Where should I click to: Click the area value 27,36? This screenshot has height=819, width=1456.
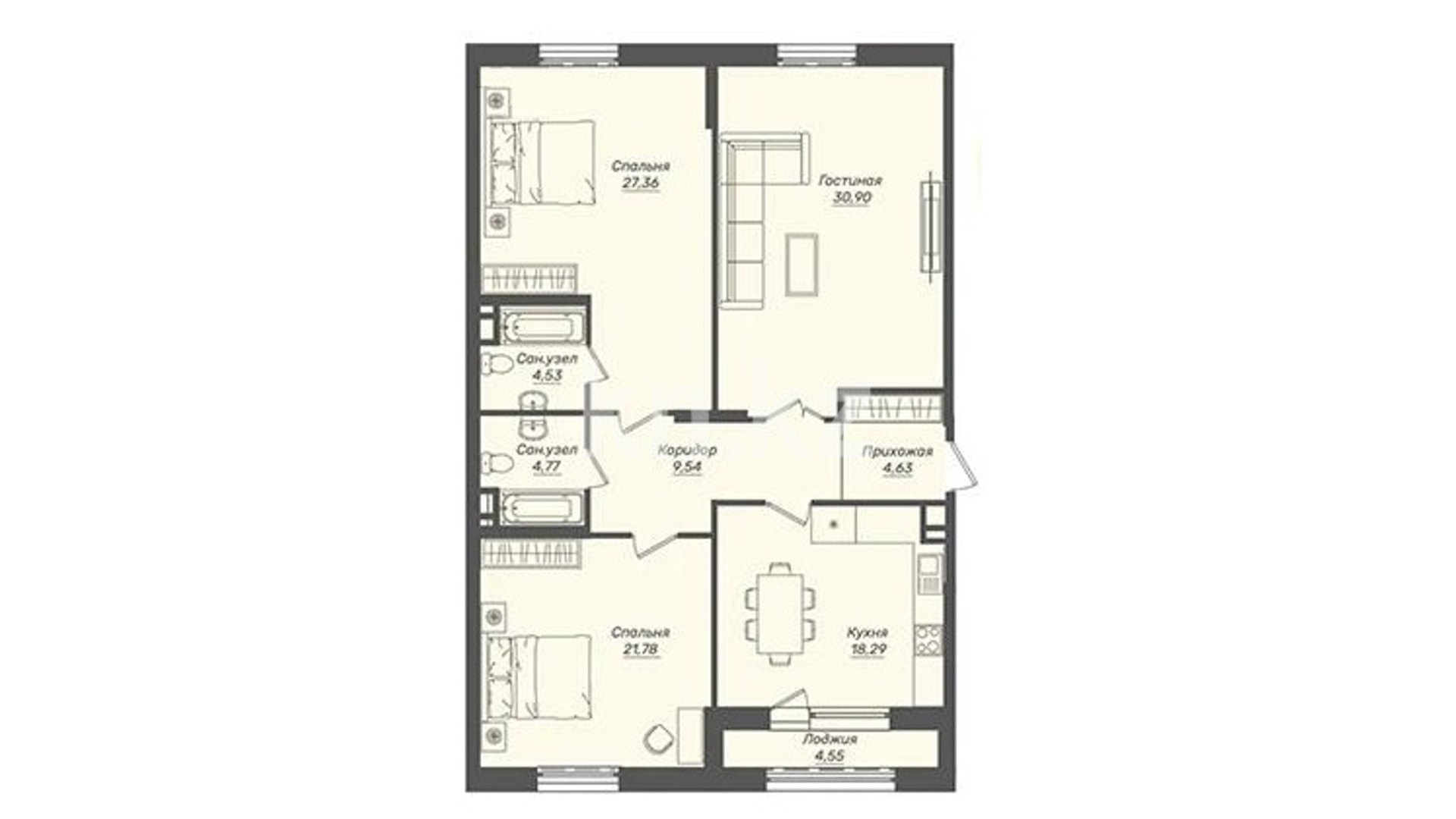641,183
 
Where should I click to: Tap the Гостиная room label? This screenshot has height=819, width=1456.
850,180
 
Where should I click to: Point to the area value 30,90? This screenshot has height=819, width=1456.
852,197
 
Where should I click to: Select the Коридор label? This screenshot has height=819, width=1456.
687,450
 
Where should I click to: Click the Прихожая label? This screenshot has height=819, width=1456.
897,451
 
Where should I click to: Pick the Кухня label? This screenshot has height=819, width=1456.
868,632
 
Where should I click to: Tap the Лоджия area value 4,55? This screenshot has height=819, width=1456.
829,755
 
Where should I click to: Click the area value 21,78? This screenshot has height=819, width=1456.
641,649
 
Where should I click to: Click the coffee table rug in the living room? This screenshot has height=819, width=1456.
802,264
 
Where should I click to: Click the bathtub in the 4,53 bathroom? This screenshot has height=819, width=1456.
543,327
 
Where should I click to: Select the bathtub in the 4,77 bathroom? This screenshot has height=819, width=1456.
543,507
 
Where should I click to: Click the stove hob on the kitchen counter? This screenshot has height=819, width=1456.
928,640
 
